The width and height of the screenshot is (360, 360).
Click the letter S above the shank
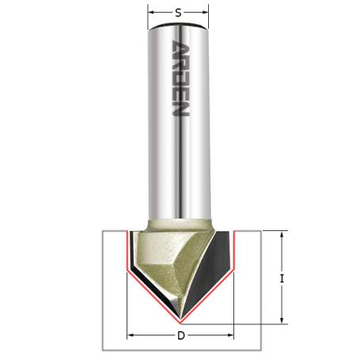click(x=179, y=12)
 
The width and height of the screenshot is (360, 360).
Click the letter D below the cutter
click(x=181, y=335)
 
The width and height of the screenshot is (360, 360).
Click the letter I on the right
click(x=282, y=279)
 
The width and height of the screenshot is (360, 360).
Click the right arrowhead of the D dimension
click(x=233, y=335)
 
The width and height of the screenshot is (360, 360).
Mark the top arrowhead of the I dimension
click(x=282, y=233)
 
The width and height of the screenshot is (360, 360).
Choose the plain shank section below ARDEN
click(x=180, y=174)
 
